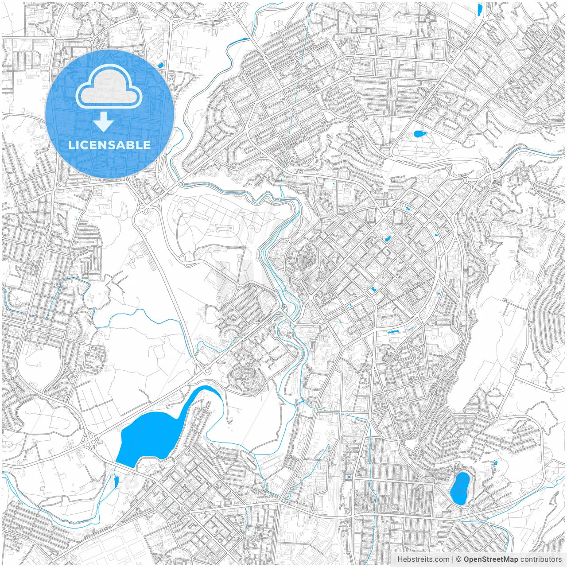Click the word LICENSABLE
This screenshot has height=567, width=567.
click(x=109, y=145)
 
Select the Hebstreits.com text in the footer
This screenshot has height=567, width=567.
click(x=423, y=559)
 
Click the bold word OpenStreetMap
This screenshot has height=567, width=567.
click(x=491, y=559)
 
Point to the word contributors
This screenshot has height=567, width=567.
click(x=541, y=559)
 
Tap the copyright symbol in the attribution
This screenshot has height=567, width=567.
click(x=459, y=559)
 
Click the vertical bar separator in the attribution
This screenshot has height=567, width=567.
click(x=453, y=559)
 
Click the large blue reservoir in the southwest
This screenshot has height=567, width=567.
click(x=146, y=436)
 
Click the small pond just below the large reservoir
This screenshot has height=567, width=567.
click(x=116, y=482)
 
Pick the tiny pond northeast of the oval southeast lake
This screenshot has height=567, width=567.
click(x=495, y=463)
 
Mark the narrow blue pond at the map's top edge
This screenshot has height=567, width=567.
click(x=480, y=10)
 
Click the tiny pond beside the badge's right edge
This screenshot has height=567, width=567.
click(x=160, y=65)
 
